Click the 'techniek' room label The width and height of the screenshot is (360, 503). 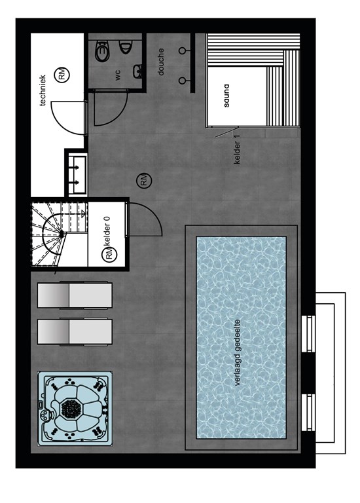point(43,90)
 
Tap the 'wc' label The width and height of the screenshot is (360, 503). point(117,75)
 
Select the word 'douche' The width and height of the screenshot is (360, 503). point(161,62)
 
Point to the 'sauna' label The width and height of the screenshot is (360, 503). point(226,96)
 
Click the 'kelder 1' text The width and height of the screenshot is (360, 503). point(237,149)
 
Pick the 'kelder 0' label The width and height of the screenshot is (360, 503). point(108,231)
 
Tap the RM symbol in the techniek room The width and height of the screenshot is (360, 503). point(62,75)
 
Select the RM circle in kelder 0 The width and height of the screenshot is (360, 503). point(109,254)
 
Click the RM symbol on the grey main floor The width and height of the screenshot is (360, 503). point(144,180)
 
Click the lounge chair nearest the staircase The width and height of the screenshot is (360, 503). point(75,295)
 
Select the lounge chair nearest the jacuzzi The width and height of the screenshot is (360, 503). point(75,331)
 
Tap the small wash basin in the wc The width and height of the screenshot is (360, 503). point(138,71)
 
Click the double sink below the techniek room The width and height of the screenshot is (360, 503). point(77,174)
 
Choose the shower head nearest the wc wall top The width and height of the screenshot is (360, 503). point(182,50)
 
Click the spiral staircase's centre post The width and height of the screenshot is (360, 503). point(62,234)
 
